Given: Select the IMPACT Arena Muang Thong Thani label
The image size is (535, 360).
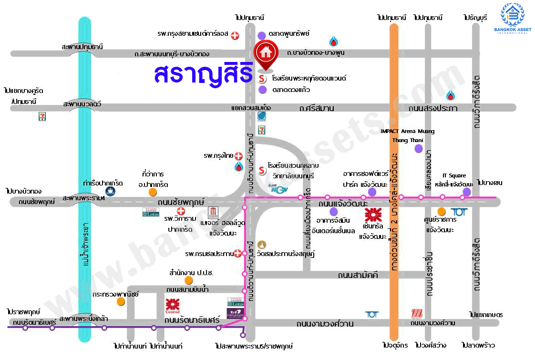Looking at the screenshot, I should [408, 135].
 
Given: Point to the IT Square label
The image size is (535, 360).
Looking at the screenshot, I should [454, 175].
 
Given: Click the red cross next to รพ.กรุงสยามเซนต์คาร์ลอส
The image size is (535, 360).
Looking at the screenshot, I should [235, 35].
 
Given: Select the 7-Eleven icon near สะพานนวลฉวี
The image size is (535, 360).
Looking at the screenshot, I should [42, 117].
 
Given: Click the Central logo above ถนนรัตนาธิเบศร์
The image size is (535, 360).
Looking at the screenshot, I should [172, 305].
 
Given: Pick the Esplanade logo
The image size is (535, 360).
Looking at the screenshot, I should [236, 314].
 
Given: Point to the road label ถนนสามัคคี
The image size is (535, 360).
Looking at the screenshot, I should [358, 275].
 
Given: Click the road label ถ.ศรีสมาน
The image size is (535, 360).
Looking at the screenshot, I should [317, 108].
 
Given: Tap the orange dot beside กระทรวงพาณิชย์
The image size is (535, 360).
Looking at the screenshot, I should [121, 302].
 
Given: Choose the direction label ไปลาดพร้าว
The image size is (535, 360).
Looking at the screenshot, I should [478, 345].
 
